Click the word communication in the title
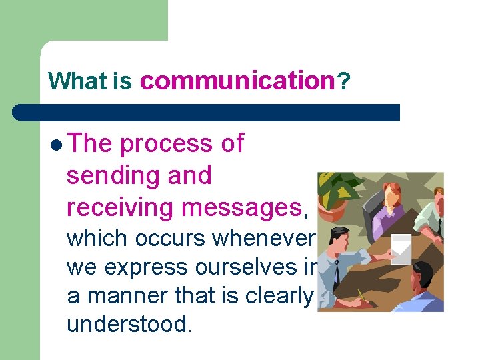click(236, 81)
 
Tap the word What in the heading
click(77, 81)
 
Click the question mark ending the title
click(342, 81)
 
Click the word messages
click(241, 208)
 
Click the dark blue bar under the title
click(207, 112)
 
